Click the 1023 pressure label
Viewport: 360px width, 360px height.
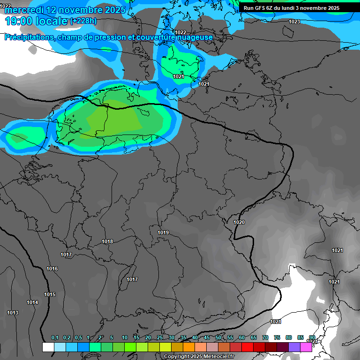coord(294,22)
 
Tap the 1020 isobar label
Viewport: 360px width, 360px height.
coord(239,222)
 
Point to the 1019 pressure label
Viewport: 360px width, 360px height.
coord(163,232)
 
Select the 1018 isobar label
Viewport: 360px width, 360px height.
coord(107,241)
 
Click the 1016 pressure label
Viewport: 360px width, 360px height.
coord(52,269)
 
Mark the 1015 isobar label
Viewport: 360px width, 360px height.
coord(50,294)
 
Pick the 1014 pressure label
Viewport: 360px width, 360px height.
coord(32,302)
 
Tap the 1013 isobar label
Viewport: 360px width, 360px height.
coord(13,313)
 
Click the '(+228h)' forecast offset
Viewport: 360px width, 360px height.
coord(83,21)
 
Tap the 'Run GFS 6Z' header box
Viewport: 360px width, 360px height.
coord(292,8)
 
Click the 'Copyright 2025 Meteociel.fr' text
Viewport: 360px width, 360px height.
coord(199,357)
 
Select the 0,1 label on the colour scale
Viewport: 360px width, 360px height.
coord(54,338)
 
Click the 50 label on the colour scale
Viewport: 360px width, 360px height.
coord(218,338)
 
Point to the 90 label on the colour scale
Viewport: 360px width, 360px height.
coord(312,338)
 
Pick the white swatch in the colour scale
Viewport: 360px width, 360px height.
coord(48,347)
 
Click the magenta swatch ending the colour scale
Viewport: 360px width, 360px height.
coord(306,347)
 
